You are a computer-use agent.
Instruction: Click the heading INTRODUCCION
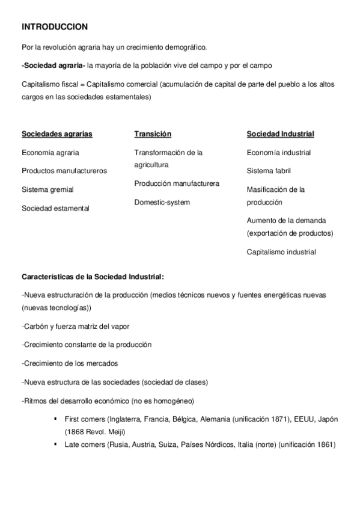coord(55,27)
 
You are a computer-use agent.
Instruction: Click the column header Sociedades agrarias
coord(56,134)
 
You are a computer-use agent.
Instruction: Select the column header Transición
coord(153,134)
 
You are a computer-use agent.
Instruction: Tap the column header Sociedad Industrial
coord(280,134)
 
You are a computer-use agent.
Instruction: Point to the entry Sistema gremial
coord(47,189)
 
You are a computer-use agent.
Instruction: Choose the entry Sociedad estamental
coord(55,208)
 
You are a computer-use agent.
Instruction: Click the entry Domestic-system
coord(162,202)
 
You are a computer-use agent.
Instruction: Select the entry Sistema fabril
coord(268,171)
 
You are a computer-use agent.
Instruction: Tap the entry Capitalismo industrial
coord(281,252)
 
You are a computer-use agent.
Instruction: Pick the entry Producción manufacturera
coord(177,183)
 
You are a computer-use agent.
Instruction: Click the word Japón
coord(326,420)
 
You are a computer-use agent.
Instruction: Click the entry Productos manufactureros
coord(64,171)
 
